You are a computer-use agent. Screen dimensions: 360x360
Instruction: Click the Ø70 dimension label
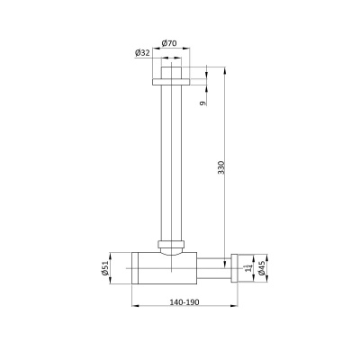coord(169,43)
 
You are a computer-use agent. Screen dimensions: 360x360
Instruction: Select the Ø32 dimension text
coord(142,53)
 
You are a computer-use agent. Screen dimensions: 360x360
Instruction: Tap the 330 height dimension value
coord(220,167)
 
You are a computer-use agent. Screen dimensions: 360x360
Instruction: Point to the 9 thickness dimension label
coord(203,103)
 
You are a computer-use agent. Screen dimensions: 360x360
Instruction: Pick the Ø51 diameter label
coord(104,268)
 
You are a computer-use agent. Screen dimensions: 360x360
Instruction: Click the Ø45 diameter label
coord(261,268)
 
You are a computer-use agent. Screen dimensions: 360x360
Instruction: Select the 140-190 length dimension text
coord(184,302)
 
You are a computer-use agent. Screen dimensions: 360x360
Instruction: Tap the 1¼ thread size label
coord(247,268)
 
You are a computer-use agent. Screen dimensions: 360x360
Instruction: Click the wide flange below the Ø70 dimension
coord(171,82)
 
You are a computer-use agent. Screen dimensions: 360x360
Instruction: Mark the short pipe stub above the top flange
coord(171,73)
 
